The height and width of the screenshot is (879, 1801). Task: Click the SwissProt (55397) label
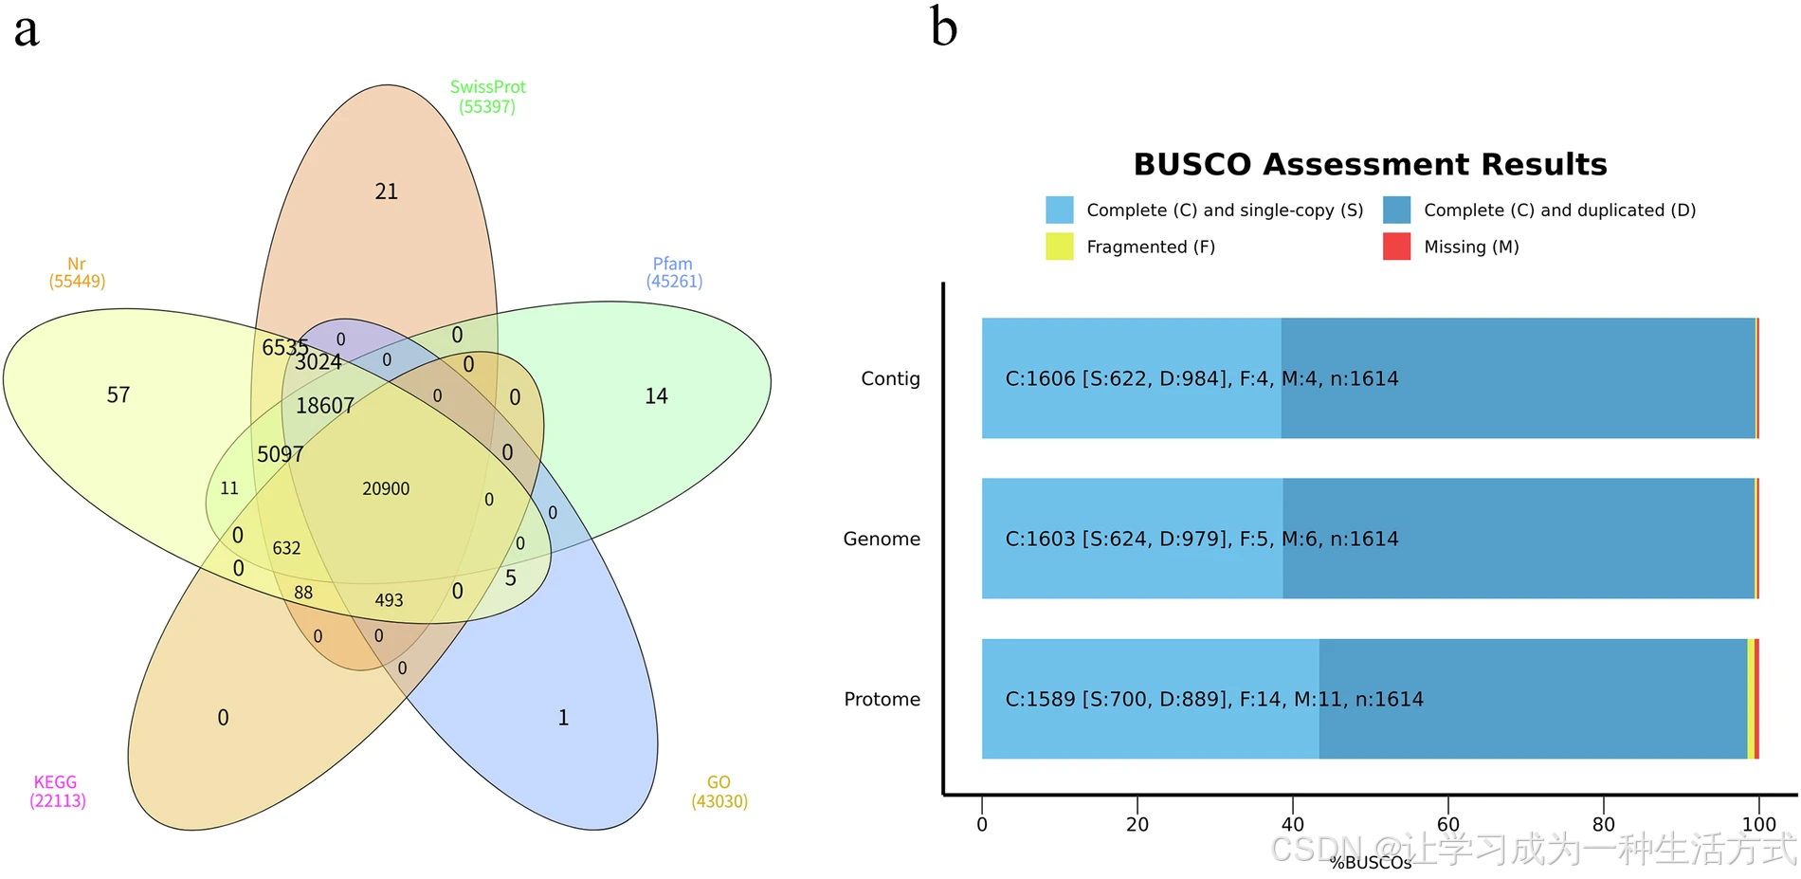coord(487,97)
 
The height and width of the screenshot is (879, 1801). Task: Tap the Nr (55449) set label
coord(77,272)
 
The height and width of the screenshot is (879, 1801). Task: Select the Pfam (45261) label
coord(673,272)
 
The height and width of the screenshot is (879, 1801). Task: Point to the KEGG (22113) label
coord(57,791)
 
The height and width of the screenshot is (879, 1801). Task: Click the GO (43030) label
coord(719,792)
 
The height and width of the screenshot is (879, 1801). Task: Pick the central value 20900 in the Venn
coord(386,489)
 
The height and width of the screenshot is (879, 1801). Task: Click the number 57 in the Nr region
coord(118,395)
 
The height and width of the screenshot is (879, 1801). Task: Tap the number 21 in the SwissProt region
coord(387,192)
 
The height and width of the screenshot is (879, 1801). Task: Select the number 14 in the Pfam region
coord(656,396)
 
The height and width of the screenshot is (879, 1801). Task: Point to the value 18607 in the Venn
coord(324,406)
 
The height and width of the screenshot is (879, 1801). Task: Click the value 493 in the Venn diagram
coord(389,600)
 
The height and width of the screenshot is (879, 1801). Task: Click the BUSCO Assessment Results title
coord(1370,164)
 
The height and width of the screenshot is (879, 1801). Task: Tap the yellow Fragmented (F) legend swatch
coord(1059,247)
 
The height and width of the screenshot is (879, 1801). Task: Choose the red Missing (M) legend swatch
coord(1396,247)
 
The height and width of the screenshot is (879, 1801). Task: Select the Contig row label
coord(890,378)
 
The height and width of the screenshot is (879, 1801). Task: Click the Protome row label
coord(882,699)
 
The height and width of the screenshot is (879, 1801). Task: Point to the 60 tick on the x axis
coord(1447,824)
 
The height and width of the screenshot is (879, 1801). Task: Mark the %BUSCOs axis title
coord(1370,862)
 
